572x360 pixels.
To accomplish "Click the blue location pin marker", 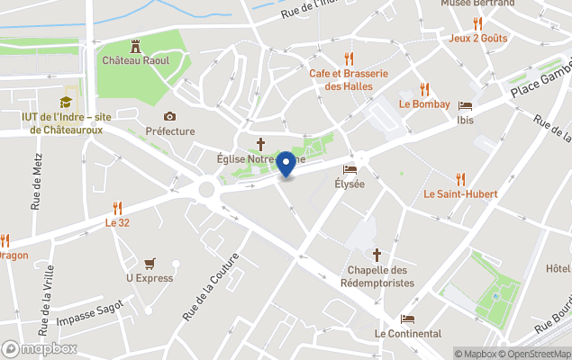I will (286, 164).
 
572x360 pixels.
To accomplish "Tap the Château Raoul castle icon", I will (136, 45).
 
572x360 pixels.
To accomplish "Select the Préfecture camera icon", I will (169, 116).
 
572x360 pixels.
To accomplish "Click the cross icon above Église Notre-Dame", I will (261, 143).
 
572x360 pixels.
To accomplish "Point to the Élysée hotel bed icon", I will (350, 169).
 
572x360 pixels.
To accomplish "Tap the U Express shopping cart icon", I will (150, 263).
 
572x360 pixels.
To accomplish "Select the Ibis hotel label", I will (465, 120).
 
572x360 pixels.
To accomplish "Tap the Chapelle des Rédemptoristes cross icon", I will (377, 256).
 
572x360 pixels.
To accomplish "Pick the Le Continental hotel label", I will (408, 334).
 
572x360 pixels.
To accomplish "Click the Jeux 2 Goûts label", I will (478, 38).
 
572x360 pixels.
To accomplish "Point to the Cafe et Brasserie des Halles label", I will (348, 80).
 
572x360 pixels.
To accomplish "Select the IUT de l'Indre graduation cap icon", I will (65, 103).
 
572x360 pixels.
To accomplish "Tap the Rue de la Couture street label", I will (211, 286).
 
